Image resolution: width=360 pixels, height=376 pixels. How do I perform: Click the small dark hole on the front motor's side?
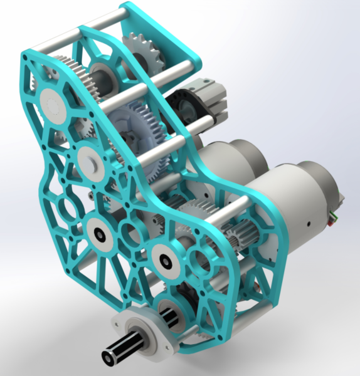pos(308,222)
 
